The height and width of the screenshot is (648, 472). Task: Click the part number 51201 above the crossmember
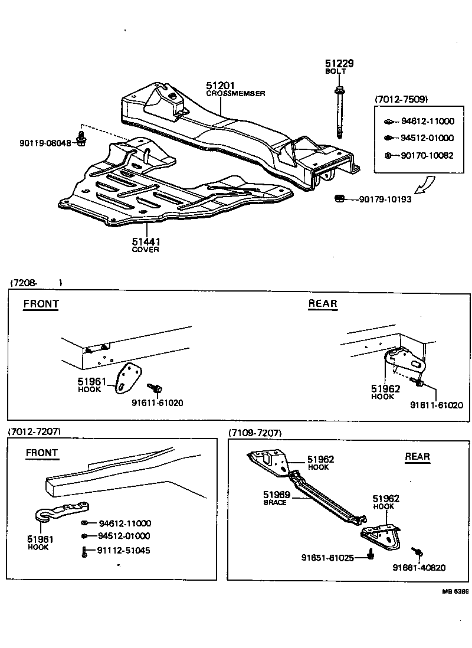coord(220,86)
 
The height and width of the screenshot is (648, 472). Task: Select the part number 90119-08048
coord(44,143)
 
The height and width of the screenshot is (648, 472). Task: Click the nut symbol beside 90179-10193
coord(340,199)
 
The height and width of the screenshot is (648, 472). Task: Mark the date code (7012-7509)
coord(401,99)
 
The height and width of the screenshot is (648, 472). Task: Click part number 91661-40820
coord(419,568)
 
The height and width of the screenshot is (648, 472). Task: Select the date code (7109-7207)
coord(255,433)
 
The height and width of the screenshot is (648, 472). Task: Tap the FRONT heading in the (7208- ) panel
coord(41,305)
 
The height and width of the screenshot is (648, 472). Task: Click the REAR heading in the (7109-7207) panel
coord(417,457)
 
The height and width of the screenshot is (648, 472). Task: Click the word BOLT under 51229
coord(336,71)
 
